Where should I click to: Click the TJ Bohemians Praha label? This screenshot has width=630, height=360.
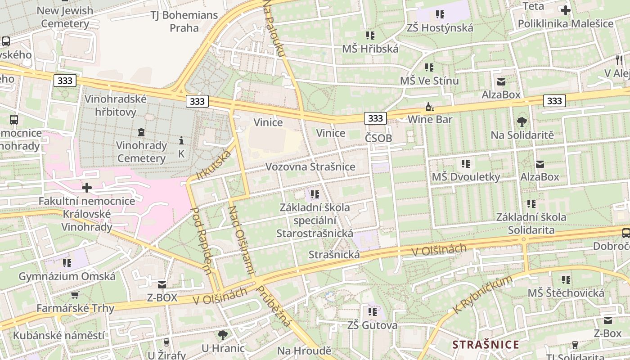184,21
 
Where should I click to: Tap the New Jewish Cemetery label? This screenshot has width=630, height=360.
65,17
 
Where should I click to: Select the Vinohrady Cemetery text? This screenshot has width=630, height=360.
141,152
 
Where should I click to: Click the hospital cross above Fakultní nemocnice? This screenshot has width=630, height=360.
87,187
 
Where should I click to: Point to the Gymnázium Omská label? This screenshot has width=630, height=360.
67,276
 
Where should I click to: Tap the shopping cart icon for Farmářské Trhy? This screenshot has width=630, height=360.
75,295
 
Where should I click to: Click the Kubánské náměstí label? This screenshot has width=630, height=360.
58,335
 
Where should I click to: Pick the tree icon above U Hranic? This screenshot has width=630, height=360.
222,335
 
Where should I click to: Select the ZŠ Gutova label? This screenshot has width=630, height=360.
372,325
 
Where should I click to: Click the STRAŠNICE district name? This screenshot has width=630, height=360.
486,345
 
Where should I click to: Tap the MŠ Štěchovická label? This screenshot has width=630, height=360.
566,293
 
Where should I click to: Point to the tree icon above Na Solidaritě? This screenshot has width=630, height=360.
522,121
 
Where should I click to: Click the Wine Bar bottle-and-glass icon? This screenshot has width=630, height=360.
430,107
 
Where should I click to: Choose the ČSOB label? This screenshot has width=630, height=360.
378,138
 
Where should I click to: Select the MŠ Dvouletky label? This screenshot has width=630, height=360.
466,177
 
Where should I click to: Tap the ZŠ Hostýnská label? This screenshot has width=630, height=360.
440,28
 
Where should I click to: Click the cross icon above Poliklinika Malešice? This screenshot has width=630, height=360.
565,10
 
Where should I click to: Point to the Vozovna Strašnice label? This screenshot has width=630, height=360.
310,166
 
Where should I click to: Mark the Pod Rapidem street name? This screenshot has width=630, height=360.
201,240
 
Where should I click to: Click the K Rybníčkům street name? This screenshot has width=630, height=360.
483,295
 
